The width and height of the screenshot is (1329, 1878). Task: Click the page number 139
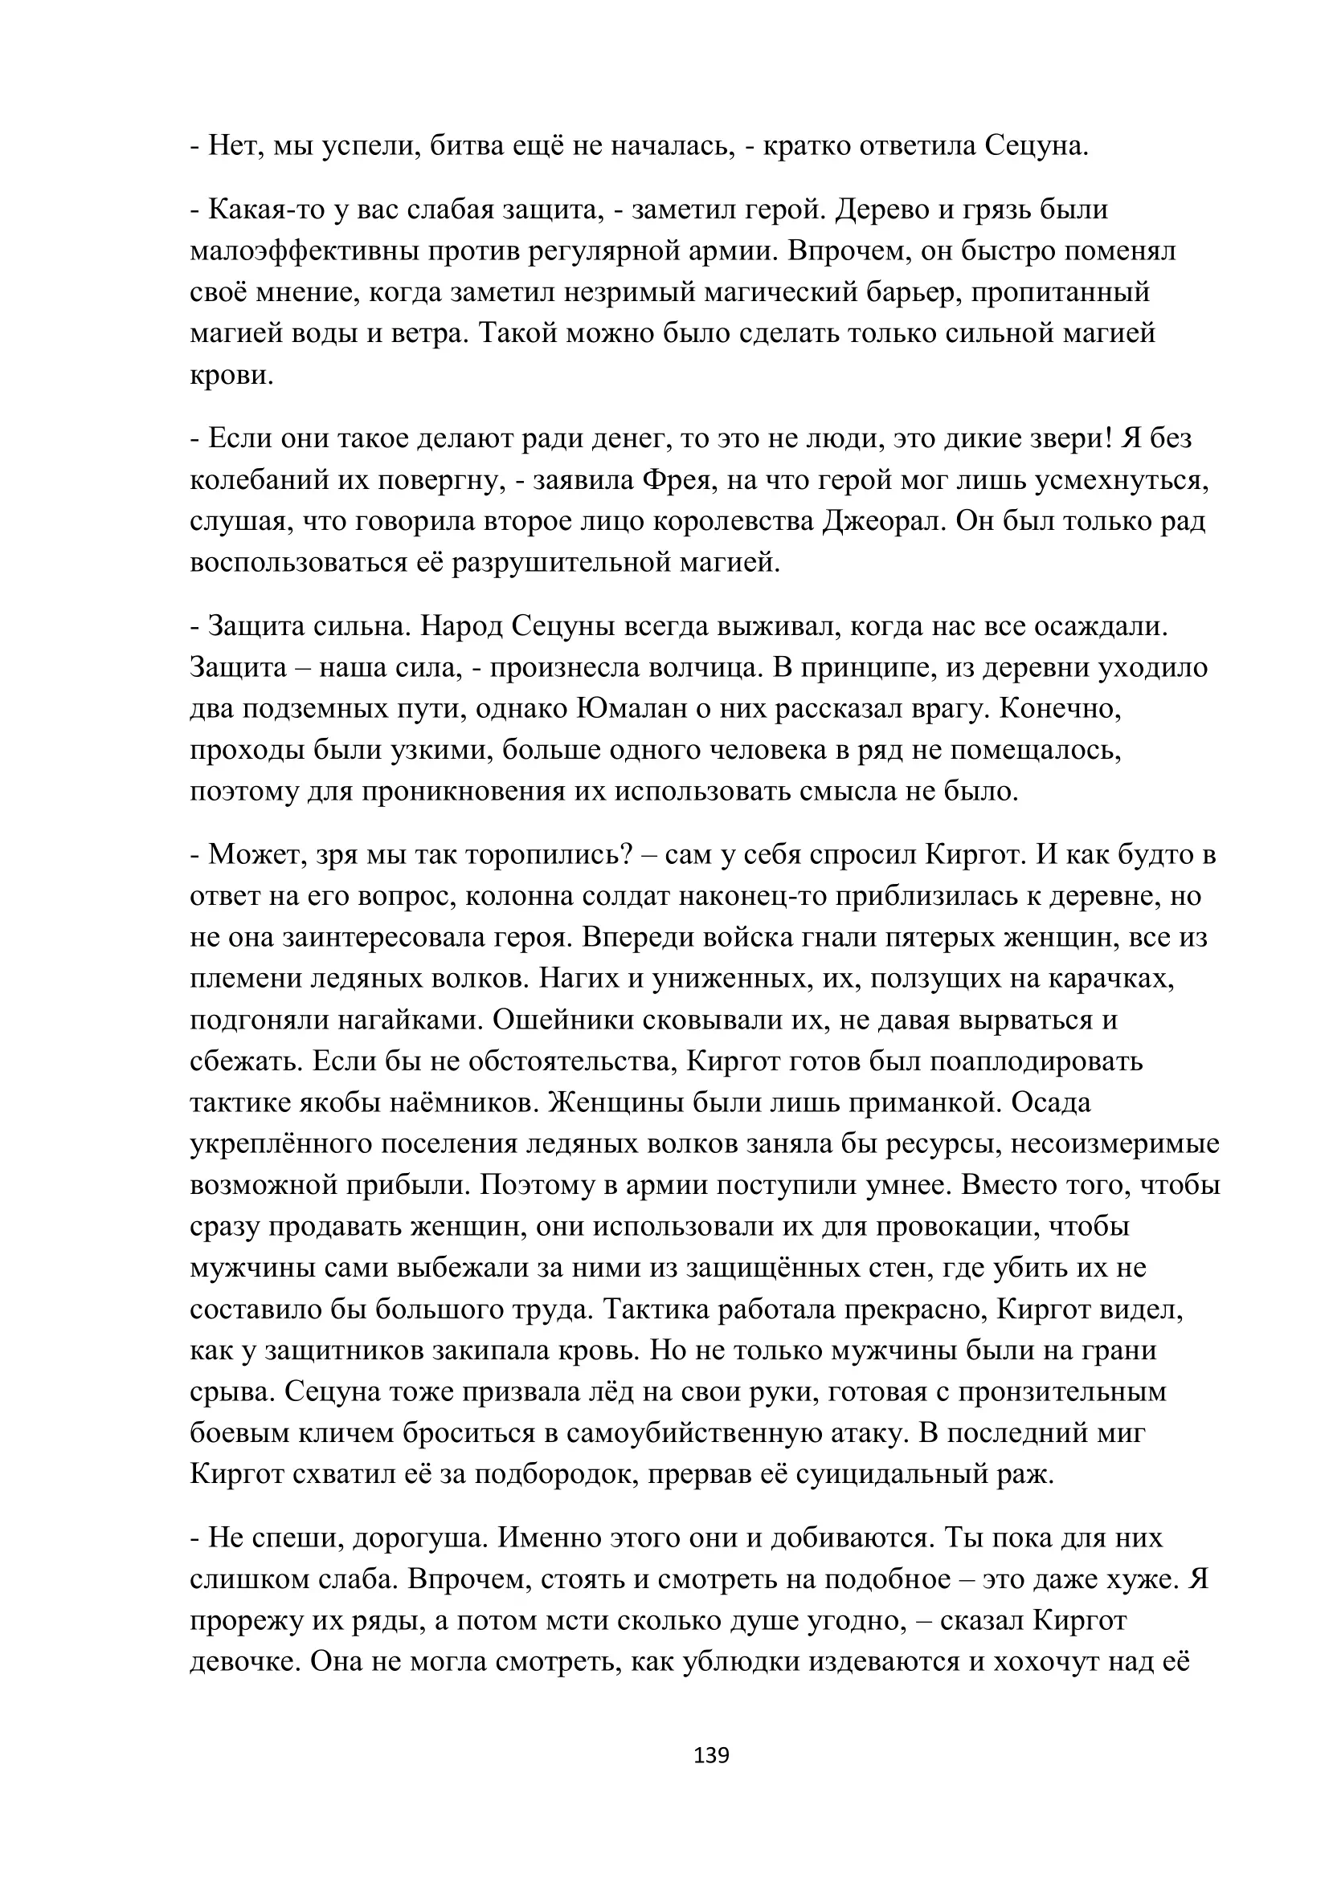click(710, 1755)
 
